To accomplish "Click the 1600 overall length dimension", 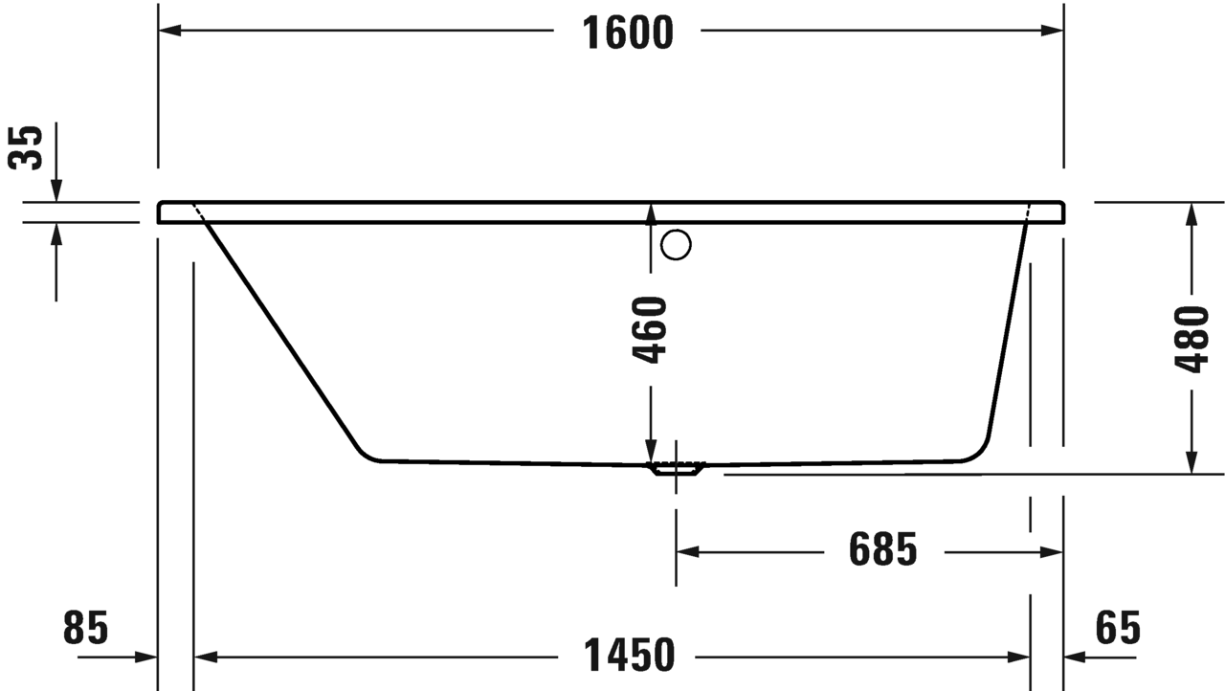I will tap(629, 33).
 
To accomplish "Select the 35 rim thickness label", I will tap(28, 147).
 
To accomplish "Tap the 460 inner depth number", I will tap(650, 330).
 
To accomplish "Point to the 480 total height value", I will tap(1192, 340).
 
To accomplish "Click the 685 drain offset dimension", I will tap(882, 550).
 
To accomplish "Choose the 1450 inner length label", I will tap(628, 656).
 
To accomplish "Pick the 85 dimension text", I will tap(86, 629).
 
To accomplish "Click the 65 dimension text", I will tap(1118, 629).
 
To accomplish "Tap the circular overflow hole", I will tap(676, 246).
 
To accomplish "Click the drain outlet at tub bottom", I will tap(676, 469).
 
